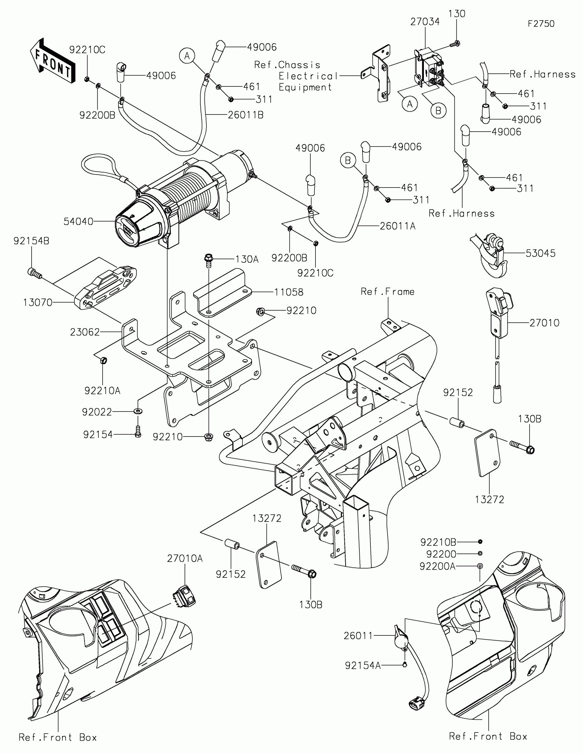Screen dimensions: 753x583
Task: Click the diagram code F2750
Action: pyautogui.click(x=541, y=24)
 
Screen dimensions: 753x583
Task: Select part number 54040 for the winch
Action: pyautogui.click(x=78, y=222)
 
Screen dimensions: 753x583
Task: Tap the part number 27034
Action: pyautogui.click(x=425, y=22)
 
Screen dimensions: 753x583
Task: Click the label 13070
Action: pyautogui.click(x=38, y=302)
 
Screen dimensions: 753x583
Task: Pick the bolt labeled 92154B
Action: pyautogui.click(x=34, y=273)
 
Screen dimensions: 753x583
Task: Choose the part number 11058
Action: pyautogui.click(x=288, y=292)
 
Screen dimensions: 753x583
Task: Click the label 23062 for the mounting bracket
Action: pyautogui.click(x=85, y=332)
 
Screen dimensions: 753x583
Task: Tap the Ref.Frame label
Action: pyautogui.click(x=388, y=292)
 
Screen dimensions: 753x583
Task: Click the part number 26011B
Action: pyautogui.click(x=246, y=115)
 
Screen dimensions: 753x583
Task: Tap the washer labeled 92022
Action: pyautogui.click(x=139, y=411)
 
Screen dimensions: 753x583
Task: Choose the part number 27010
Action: pyautogui.click(x=544, y=323)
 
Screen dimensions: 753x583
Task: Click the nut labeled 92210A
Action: pyautogui.click(x=103, y=361)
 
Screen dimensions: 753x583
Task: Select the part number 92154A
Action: pyautogui.click(x=363, y=666)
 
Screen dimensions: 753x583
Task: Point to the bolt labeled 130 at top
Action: pyautogui.click(x=456, y=44)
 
